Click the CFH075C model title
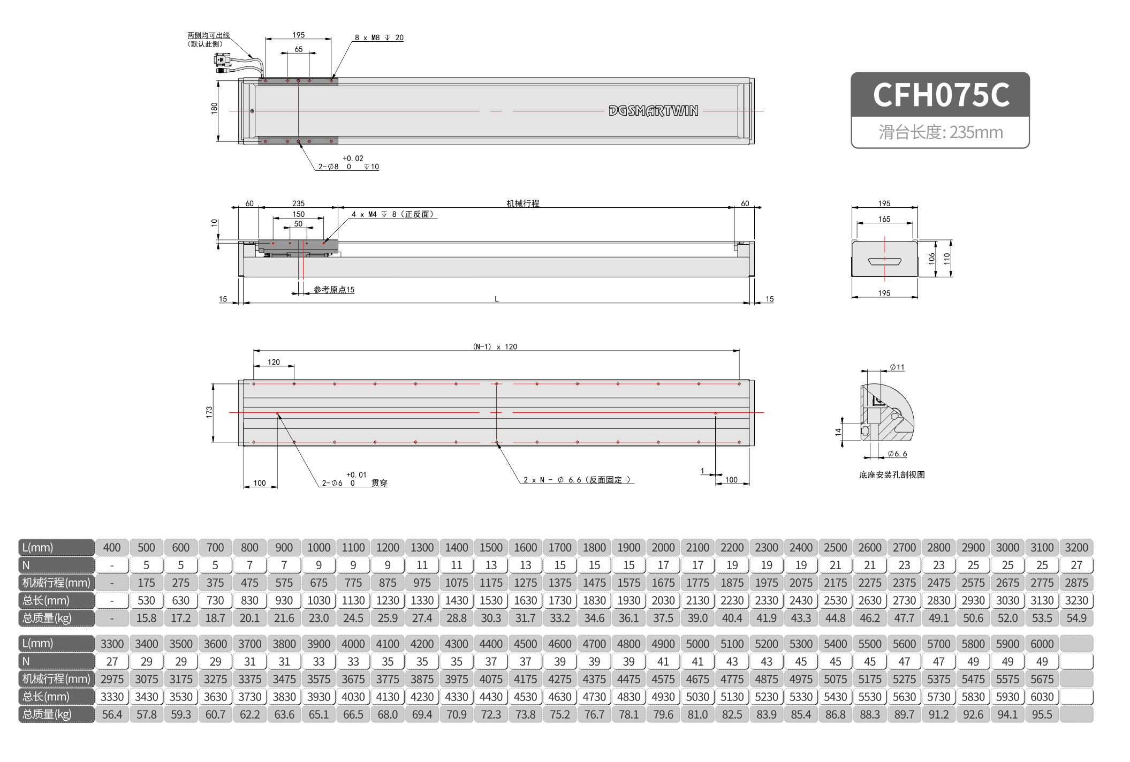pos(941,95)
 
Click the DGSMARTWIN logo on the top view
pos(653,111)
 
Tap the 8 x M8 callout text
pos(378,37)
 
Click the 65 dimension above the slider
pos(298,49)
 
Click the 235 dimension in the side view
pos(298,203)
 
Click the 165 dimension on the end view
pos(884,219)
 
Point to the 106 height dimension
pos(931,259)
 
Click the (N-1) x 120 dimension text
pos(495,346)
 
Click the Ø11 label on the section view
pos(897,367)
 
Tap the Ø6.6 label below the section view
pos(897,454)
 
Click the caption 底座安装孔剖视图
pos(892,474)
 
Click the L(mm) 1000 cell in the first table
pos(318,547)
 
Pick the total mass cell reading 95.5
pos(1042,714)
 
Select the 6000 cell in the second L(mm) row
pos(1042,644)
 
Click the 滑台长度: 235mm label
pos(941,132)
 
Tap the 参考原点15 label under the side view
pos(333,290)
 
